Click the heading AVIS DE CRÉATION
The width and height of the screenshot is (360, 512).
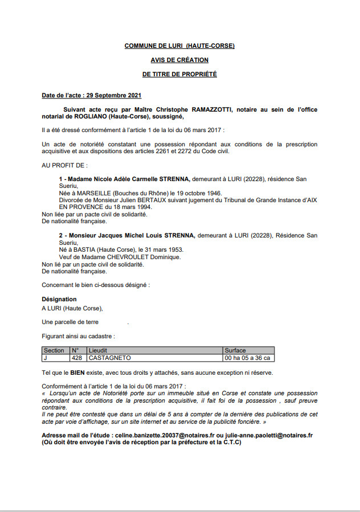point(179,60)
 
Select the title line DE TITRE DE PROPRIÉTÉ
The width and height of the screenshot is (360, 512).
point(179,74)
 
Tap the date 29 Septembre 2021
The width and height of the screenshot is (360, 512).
point(113,95)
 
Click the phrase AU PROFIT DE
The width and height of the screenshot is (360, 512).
point(64,165)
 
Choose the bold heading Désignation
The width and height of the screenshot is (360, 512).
point(59,299)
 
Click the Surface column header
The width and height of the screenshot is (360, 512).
point(235,351)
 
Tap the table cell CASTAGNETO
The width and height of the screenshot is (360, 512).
point(109,358)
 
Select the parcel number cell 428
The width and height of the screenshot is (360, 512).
point(77,358)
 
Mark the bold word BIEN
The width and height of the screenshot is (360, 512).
point(78,373)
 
